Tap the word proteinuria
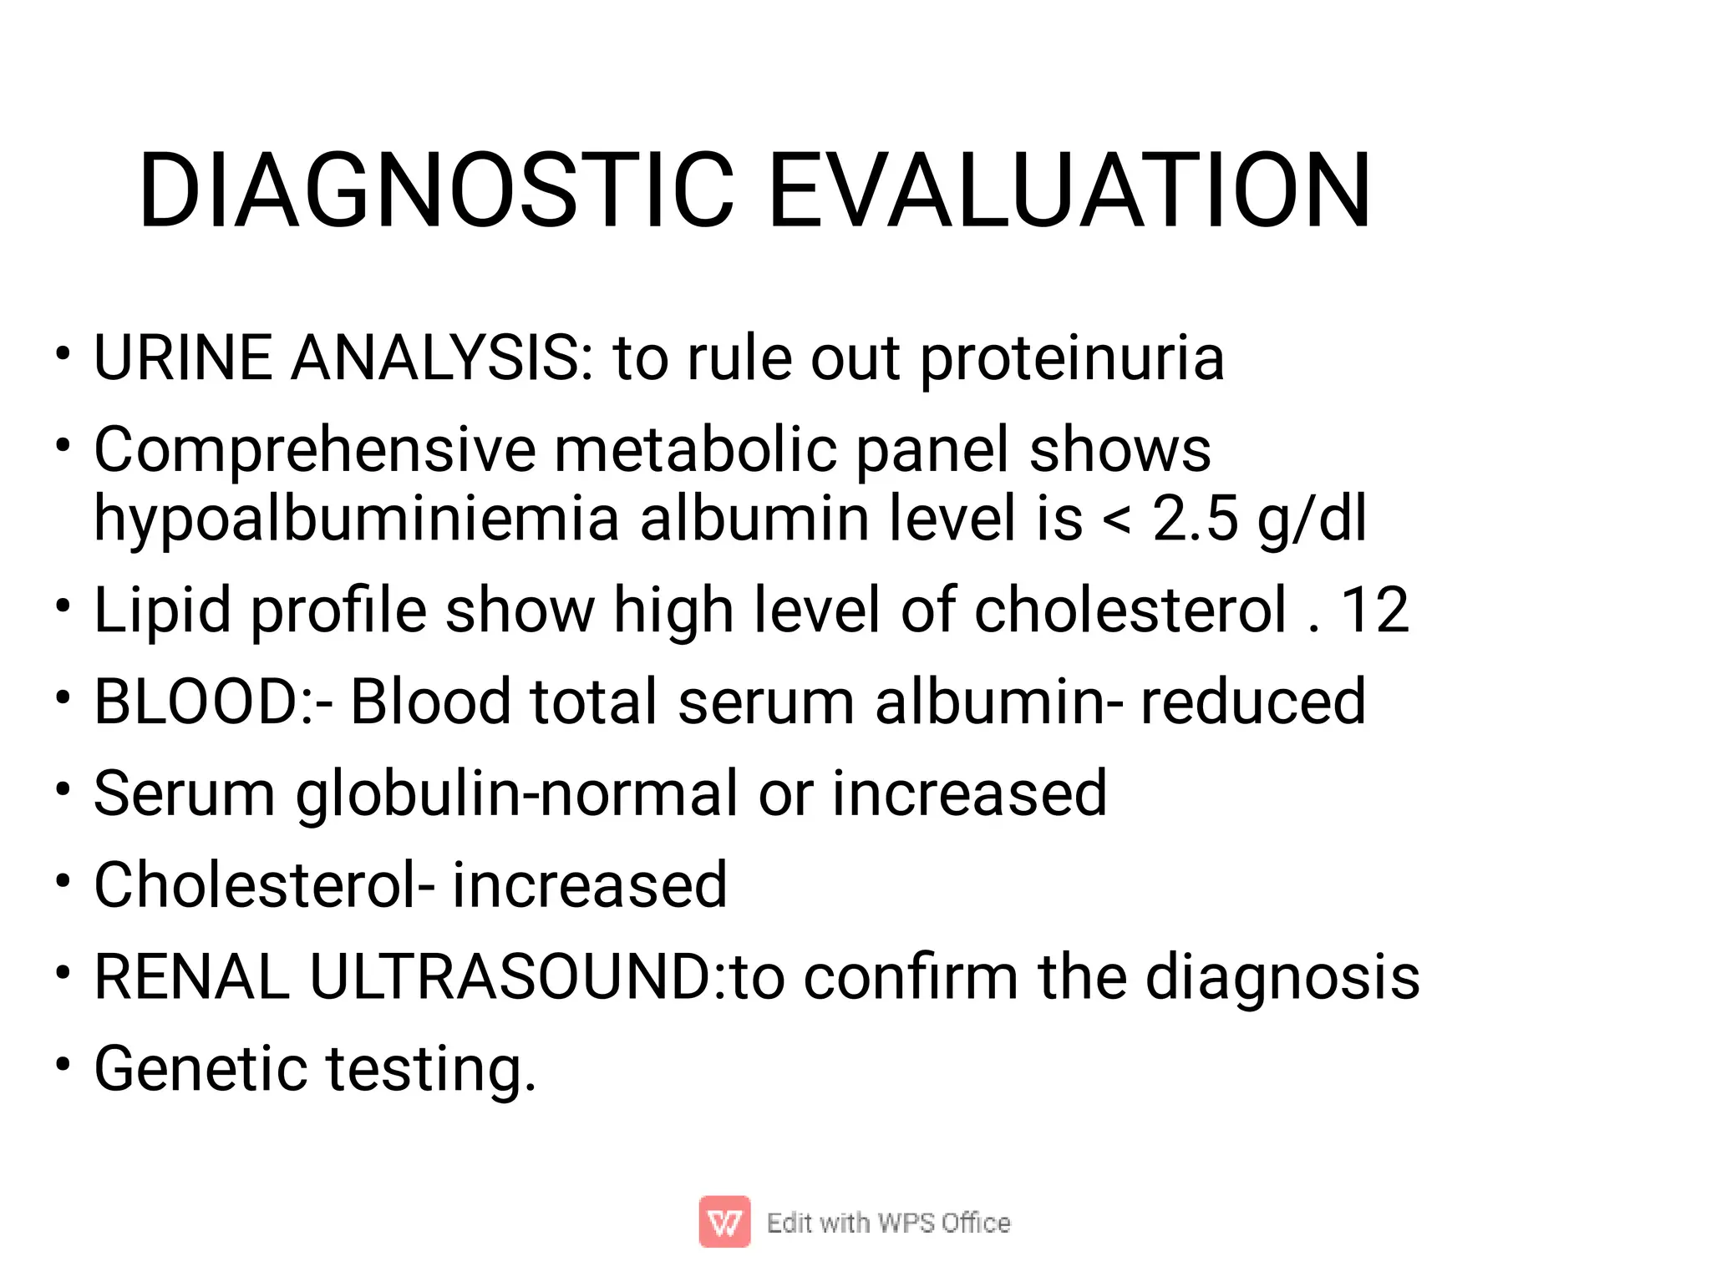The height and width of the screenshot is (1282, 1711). coord(1072,359)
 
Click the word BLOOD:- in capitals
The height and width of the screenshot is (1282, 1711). coord(213,702)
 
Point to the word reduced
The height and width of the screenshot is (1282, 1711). coord(1253,702)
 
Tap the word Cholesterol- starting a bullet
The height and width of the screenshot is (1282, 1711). coord(264,885)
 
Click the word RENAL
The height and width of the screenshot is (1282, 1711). coord(191,977)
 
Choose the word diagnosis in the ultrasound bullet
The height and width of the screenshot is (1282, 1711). coord(1282,977)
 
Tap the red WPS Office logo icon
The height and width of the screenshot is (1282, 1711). coord(724,1222)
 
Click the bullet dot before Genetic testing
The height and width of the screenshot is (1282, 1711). coord(63,1065)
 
